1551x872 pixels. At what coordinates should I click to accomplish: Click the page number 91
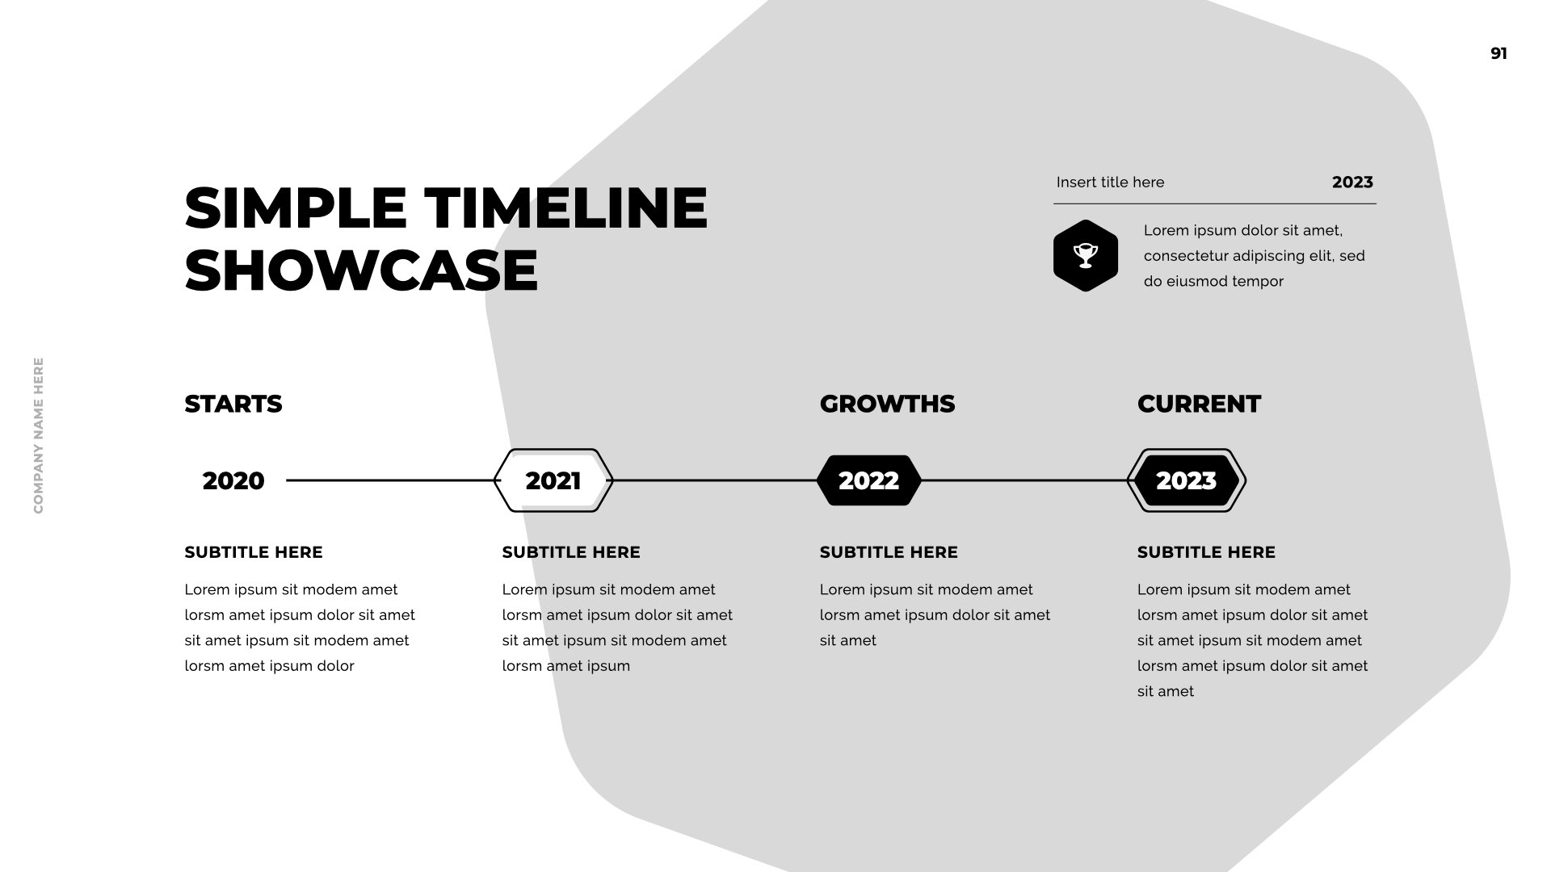(1498, 53)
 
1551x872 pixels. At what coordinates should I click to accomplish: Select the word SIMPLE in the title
(296, 208)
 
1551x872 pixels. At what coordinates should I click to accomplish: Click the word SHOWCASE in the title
(361, 270)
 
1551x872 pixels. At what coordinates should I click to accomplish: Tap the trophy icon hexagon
(1086, 255)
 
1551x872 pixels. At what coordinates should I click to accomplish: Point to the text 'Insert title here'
(1110, 182)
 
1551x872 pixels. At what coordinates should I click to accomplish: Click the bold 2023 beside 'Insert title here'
(1352, 182)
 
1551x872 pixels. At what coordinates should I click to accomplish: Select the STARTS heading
(233, 404)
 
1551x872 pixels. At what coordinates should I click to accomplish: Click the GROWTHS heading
(887, 404)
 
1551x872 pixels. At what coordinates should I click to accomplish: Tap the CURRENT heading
(1199, 404)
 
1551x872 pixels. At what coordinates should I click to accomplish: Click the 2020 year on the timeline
(233, 480)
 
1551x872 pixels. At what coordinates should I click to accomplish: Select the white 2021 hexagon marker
(553, 480)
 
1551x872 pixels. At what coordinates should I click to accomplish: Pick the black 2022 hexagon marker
(868, 480)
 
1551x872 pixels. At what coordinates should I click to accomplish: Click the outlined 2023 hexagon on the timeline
(1187, 480)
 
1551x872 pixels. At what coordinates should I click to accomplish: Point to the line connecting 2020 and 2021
(391, 480)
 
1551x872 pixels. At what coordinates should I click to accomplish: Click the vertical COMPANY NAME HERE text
(39, 435)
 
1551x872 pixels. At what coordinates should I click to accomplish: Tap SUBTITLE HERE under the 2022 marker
(889, 552)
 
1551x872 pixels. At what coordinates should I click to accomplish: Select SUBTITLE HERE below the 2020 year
(254, 552)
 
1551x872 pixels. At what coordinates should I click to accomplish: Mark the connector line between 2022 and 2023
(1024, 480)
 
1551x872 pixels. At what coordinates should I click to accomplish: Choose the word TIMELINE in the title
(566, 208)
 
